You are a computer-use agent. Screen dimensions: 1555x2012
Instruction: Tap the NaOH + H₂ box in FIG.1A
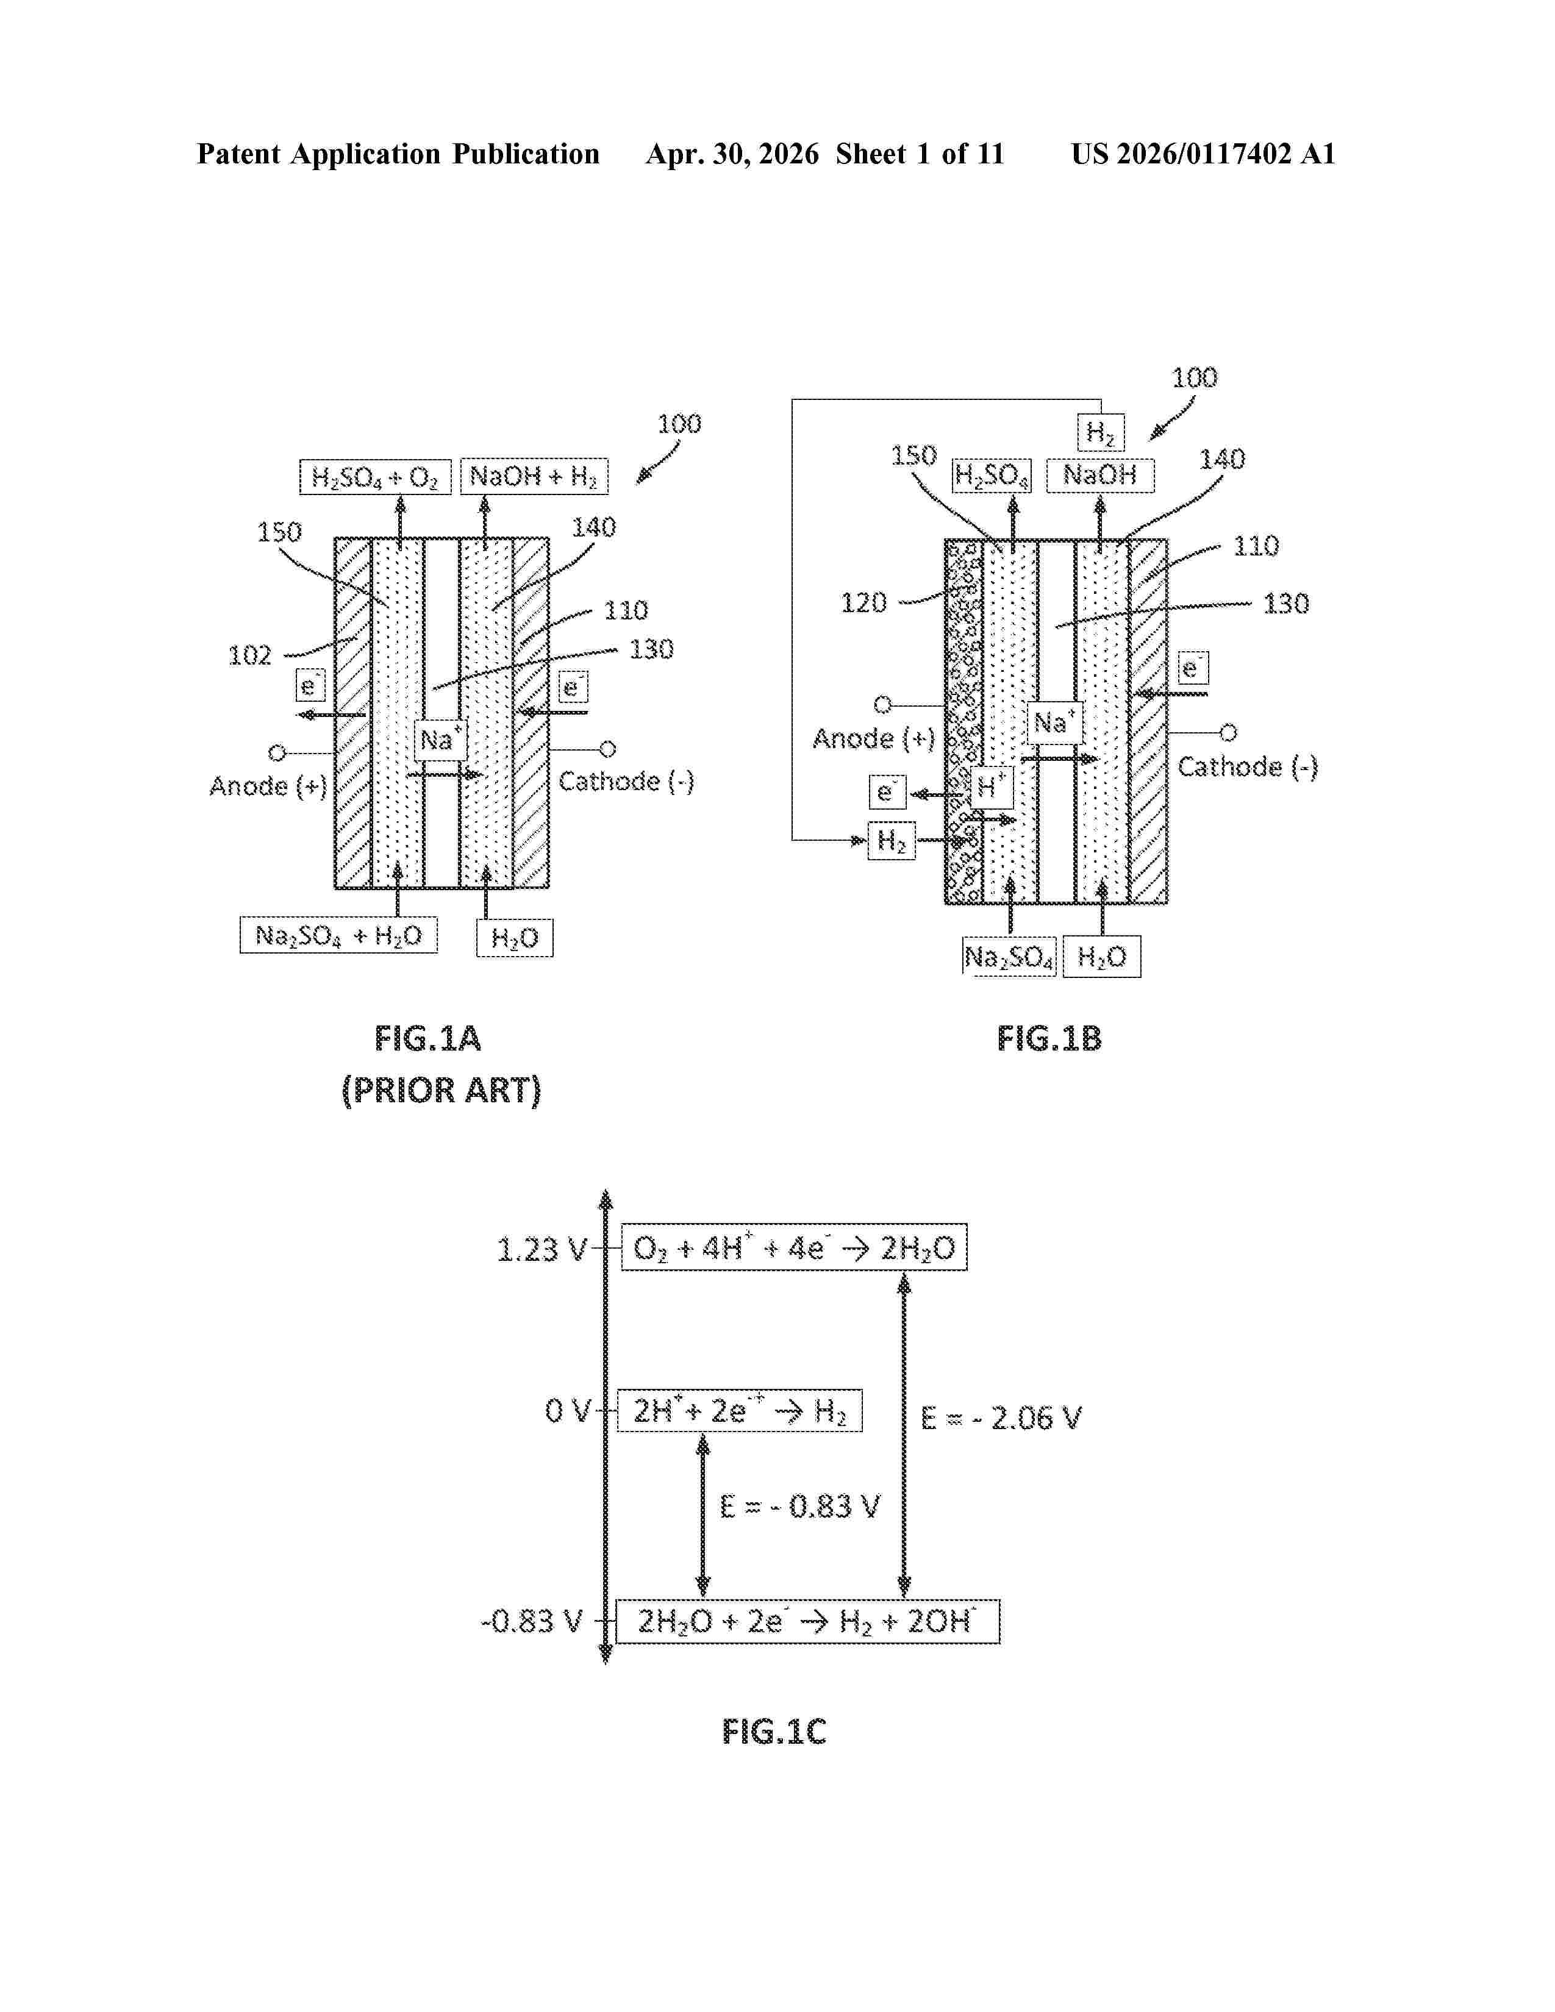(534, 476)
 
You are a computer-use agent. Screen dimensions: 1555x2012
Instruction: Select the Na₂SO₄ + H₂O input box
(338, 935)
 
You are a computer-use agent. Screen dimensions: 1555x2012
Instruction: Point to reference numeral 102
(249, 655)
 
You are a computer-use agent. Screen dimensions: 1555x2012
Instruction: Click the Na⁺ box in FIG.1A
(440, 739)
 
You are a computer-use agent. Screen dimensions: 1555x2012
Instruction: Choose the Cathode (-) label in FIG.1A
(626, 781)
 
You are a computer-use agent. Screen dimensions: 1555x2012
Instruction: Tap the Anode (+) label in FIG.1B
(873, 738)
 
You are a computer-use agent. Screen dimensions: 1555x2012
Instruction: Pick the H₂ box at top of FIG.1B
(1101, 432)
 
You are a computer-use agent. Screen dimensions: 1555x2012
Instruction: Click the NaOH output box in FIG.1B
(1100, 476)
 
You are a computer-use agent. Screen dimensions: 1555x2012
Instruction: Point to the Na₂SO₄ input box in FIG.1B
(1009, 957)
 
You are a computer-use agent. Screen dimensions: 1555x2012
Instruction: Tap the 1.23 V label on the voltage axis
(541, 1249)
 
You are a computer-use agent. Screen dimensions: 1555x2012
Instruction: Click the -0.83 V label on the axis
(532, 1621)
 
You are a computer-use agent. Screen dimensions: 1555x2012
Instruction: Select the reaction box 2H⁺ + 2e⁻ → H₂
(740, 1410)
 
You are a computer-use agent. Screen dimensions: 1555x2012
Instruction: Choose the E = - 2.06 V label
(1001, 1417)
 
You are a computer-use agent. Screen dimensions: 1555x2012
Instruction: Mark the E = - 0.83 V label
(799, 1506)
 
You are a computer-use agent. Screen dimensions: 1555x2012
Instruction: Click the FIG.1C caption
(774, 1732)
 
